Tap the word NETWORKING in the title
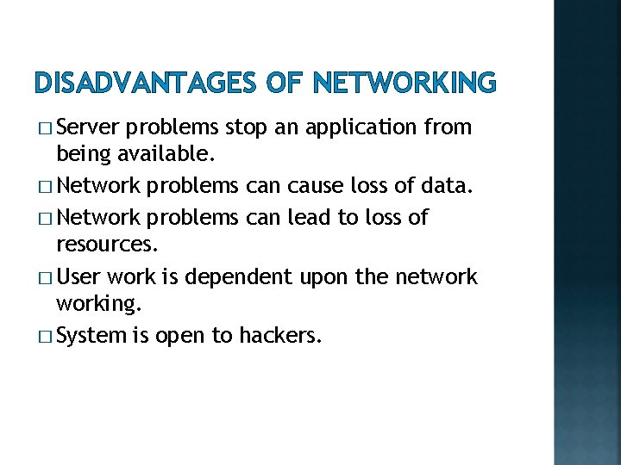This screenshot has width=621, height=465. pos(405,83)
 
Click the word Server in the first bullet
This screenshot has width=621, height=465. pos(88,128)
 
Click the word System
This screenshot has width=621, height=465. pos(91,336)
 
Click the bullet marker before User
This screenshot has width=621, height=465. pos(43,277)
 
